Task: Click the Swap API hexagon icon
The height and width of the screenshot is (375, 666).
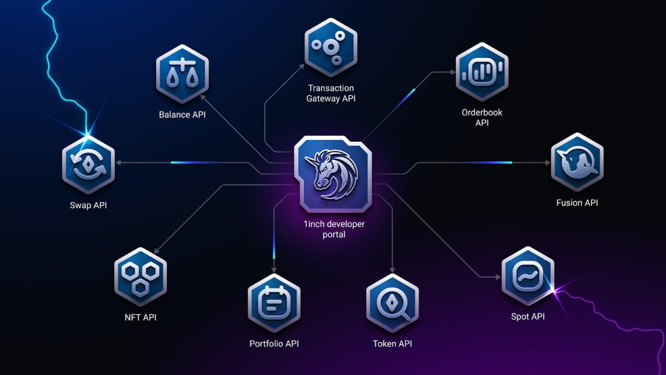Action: click(x=88, y=165)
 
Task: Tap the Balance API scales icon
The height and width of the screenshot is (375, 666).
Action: click(x=182, y=74)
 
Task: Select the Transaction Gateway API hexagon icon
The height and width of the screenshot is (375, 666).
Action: click(x=330, y=46)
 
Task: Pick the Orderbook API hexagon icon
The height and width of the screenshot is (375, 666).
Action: click(x=482, y=71)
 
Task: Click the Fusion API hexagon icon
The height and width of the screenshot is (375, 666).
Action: click(x=577, y=161)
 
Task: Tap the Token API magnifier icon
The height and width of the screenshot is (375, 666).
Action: click(x=392, y=303)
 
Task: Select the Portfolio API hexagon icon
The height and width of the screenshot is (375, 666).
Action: click(x=274, y=303)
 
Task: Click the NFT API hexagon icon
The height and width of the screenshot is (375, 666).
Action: click(x=140, y=277)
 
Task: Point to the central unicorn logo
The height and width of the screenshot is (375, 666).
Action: click(x=333, y=174)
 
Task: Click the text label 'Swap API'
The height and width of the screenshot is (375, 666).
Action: click(x=88, y=205)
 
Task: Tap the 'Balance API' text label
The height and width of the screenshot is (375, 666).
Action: click(x=182, y=115)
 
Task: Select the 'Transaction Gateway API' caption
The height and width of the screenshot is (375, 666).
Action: click(x=330, y=93)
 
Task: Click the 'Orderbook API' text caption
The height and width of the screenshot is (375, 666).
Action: click(x=482, y=118)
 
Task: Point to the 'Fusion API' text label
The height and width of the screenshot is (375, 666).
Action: click(x=577, y=203)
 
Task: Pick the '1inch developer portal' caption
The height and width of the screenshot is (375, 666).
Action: click(x=334, y=229)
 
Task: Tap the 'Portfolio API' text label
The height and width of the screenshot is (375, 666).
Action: click(x=274, y=344)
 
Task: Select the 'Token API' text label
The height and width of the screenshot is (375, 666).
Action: click(x=392, y=344)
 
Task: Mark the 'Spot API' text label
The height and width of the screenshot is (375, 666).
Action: click(x=528, y=317)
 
